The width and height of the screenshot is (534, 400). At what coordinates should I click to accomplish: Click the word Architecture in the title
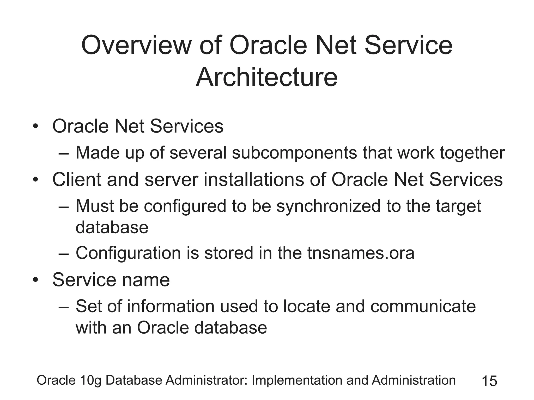tap(266, 77)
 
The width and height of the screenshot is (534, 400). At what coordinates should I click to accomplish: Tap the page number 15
tap(489, 381)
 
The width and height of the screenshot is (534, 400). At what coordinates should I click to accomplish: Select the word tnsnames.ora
tap(361, 253)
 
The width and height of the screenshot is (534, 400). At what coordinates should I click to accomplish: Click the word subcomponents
tap(294, 153)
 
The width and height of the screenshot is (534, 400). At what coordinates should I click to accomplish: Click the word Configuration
tap(128, 253)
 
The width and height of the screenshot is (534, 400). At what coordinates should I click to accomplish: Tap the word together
tap(472, 153)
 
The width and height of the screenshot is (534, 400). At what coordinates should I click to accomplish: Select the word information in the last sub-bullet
tap(171, 306)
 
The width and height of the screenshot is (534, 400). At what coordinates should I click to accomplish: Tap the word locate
tap(307, 306)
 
